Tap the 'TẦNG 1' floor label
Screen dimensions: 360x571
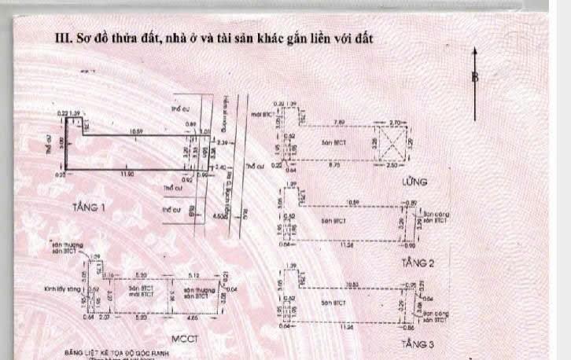(89, 208)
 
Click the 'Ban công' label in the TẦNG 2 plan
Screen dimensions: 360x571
(436, 214)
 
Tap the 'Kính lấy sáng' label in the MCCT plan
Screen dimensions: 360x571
(64, 289)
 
